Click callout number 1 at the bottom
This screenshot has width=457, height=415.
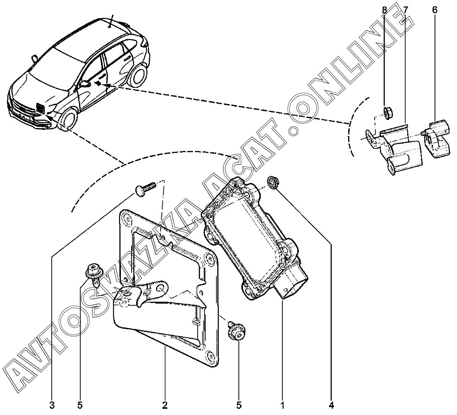pyautogui.click(x=282, y=405)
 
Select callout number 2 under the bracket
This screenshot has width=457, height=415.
pyautogui.click(x=165, y=405)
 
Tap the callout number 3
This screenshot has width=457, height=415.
pyautogui.click(x=52, y=405)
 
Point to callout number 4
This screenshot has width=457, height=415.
pyautogui.click(x=332, y=405)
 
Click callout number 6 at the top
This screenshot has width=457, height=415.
pyautogui.click(x=434, y=10)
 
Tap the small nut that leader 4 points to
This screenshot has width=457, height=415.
pyautogui.click(x=273, y=182)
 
